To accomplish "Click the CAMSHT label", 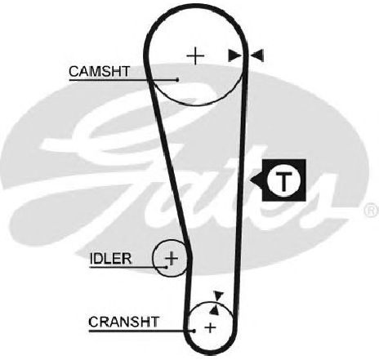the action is [x=100, y=72].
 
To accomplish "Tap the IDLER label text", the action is [x=110, y=259].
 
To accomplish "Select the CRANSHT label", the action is [x=123, y=322].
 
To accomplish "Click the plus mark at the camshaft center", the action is [x=195, y=56].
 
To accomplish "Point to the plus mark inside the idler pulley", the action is [x=172, y=258].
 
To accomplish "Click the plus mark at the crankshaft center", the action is [x=210, y=327].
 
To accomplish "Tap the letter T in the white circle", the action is [x=283, y=180].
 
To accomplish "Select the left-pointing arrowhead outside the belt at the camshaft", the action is [x=257, y=56].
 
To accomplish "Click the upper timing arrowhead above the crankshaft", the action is [x=218, y=296].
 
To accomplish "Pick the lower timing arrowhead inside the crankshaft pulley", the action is [x=215, y=310].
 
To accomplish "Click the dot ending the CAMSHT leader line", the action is [x=177, y=80].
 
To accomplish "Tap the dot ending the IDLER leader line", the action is [x=167, y=267].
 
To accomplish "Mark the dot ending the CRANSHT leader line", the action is [x=194, y=331].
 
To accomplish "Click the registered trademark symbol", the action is [x=372, y=210].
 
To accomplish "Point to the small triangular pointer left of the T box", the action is [x=256, y=180].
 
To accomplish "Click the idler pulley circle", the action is [x=154, y=258].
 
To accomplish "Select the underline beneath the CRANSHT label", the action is [x=141, y=331].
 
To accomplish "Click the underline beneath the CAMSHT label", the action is [x=123, y=80].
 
